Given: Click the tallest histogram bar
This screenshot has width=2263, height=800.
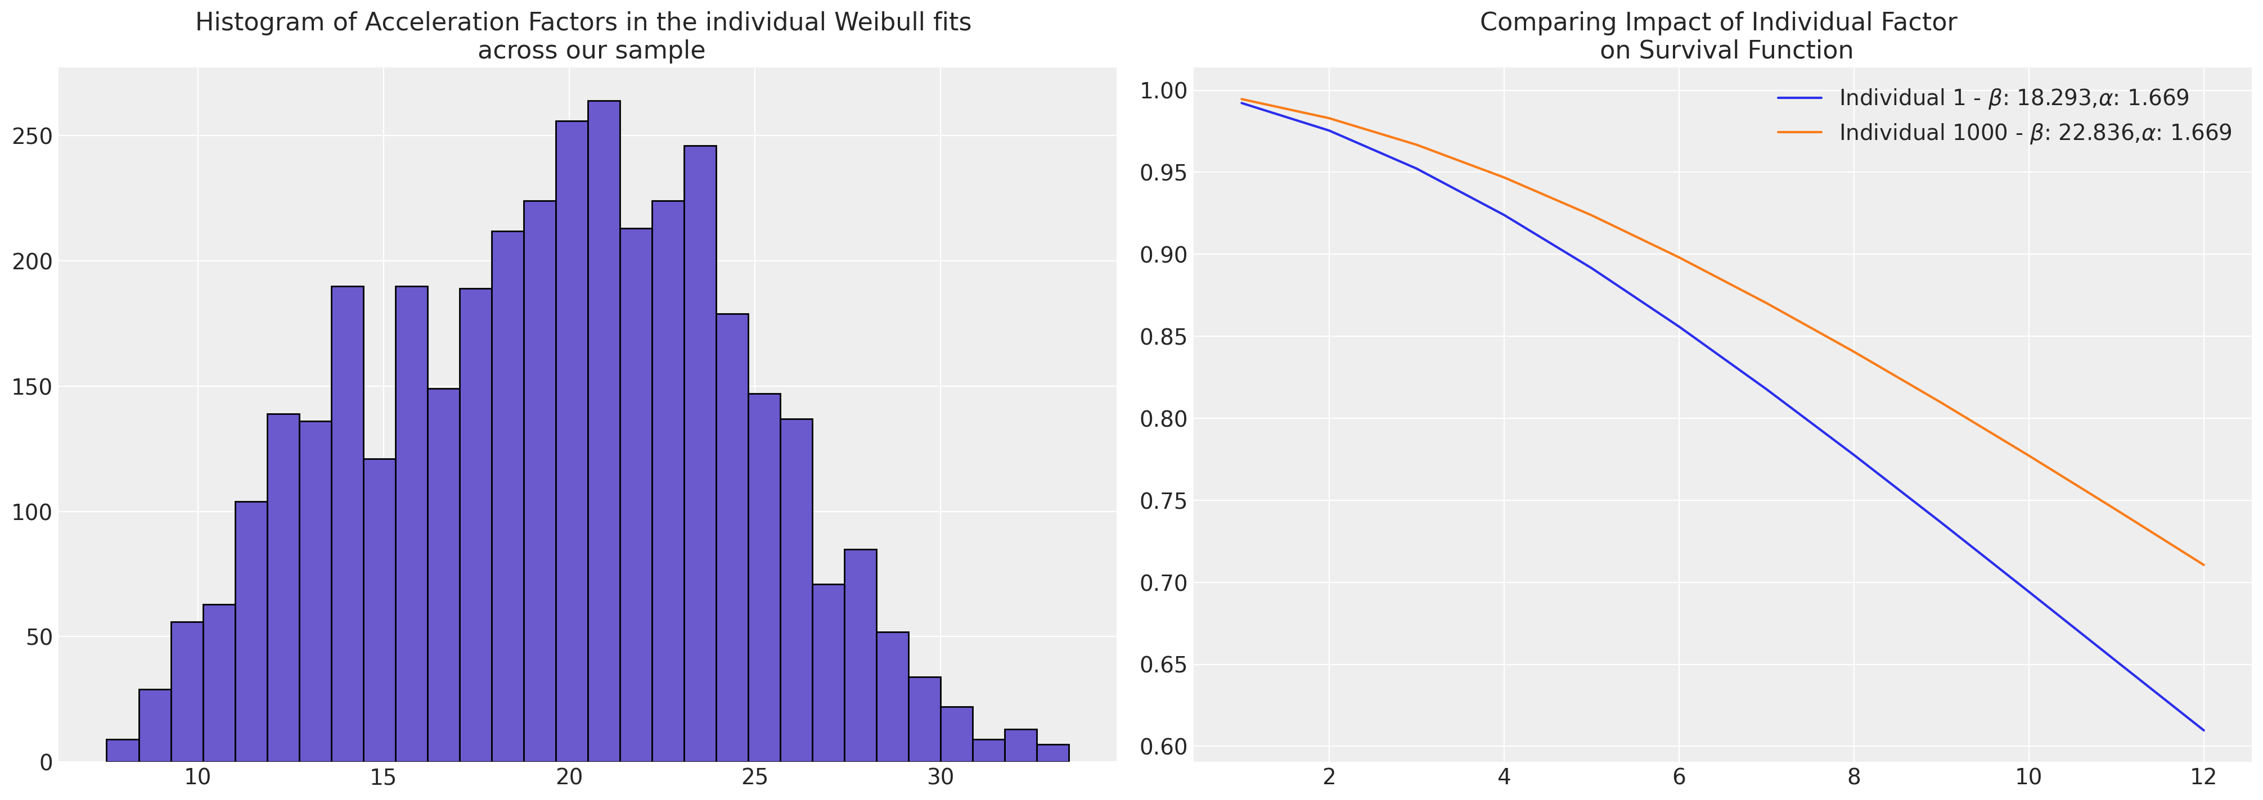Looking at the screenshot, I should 604,430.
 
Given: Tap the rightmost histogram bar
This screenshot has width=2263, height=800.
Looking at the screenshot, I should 1052,753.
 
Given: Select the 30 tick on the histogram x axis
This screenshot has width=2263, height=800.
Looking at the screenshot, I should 941,778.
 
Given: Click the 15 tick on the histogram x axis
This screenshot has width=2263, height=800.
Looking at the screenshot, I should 383,778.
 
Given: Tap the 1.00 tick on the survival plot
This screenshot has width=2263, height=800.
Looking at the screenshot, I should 1162,91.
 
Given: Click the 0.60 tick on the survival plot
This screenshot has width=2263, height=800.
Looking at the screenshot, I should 1162,747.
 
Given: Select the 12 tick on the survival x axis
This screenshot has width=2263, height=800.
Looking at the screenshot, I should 2202,778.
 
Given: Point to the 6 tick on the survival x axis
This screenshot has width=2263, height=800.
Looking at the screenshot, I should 1679,778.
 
